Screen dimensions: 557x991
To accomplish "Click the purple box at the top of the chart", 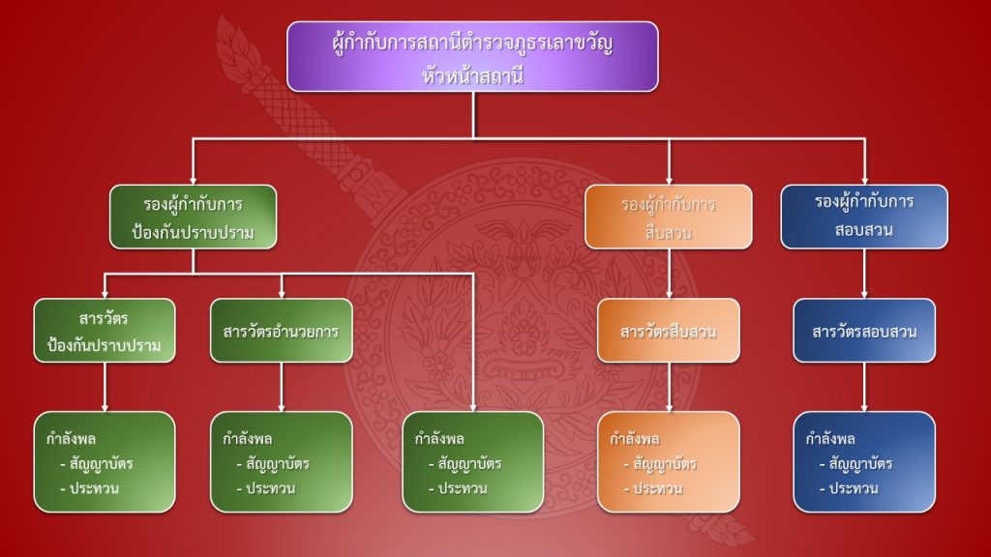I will [472, 56].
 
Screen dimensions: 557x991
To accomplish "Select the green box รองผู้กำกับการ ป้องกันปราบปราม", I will [193, 218].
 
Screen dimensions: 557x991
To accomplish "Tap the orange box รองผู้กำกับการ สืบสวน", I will [668, 218].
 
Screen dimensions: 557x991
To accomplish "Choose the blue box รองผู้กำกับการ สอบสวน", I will [864, 218].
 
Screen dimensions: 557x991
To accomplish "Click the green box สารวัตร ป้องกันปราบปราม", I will [105, 331].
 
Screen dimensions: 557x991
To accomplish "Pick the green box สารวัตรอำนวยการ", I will [281, 331].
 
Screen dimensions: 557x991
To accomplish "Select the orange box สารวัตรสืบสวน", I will [668, 331].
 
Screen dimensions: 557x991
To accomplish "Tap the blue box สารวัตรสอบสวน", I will [864, 331].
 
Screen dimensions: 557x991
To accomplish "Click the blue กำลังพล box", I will [864, 462].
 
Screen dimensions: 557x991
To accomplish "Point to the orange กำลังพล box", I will [668, 462].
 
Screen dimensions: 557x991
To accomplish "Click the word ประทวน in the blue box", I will [854, 488].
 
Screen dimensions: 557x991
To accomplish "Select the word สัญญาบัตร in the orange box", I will [664, 463].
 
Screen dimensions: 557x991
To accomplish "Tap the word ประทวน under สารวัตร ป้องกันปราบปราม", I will [94, 488].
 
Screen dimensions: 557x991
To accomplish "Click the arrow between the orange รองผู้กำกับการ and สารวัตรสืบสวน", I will [668, 274].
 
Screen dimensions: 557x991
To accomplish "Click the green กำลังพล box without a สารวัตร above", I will [472, 462].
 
